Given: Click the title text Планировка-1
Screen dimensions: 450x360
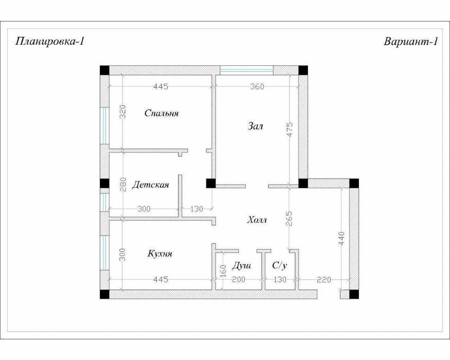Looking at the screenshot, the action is pyautogui.click(x=49, y=42).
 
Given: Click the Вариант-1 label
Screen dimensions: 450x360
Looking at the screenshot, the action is pyautogui.click(x=411, y=42).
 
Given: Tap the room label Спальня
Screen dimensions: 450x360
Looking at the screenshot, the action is pyautogui.click(x=161, y=113).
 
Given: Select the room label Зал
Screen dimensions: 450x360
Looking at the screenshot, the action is pyautogui.click(x=255, y=126).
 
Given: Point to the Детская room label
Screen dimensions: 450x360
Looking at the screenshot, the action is pyautogui.click(x=150, y=185).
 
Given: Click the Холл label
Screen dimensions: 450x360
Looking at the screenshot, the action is pyautogui.click(x=257, y=220).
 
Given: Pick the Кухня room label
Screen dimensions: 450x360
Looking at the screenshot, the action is pyautogui.click(x=160, y=254).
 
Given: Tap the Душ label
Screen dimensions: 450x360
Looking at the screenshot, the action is pyautogui.click(x=241, y=265).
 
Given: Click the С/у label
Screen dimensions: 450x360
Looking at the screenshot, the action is pyautogui.click(x=280, y=265).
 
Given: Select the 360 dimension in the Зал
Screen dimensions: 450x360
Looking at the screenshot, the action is pyautogui.click(x=257, y=86).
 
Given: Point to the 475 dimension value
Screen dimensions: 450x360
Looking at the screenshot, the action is pyautogui.click(x=290, y=130).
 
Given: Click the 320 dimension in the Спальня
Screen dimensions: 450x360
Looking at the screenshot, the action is pyautogui.click(x=122, y=112).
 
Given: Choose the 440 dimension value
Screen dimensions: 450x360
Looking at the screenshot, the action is pyautogui.click(x=341, y=239).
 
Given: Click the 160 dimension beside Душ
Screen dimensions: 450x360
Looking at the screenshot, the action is pyautogui.click(x=224, y=271).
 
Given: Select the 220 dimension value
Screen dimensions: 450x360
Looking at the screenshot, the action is pyautogui.click(x=323, y=279).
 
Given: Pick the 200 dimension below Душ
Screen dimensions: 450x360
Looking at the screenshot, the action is pyautogui.click(x=238, y=279).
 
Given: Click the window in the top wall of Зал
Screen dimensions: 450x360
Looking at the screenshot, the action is pyautogui.click(x=246, y=70).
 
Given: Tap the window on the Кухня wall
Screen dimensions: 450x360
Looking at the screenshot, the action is pyautogui.click(x=105, y=253).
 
